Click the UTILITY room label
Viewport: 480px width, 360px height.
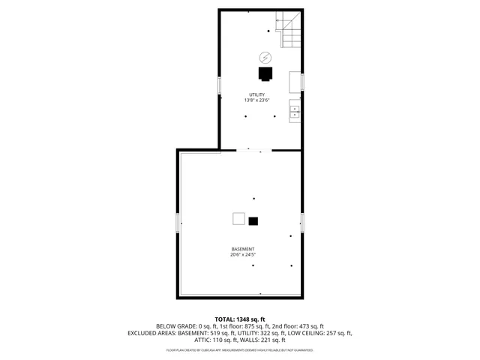[x=256, y=94]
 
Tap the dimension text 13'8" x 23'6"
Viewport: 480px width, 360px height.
[x=256, y=100]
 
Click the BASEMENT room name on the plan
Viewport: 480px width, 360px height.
[x=242, y=249]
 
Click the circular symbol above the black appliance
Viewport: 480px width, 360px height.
[x=265, y=57]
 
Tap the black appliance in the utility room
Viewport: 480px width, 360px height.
[x=265, y=73]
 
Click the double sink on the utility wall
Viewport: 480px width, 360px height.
[x=295, y=112]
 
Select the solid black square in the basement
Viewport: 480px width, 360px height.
[x=253, y=220]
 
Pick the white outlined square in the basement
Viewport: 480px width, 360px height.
[x=238, y=219]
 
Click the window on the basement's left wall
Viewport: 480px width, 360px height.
[x=178, y=223]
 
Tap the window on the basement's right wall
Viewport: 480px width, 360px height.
[x=302, y=223]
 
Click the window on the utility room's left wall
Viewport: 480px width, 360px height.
[x=219, y=85]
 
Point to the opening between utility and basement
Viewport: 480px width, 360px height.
[x=249, y=150]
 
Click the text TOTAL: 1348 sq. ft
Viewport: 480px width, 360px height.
[x=240, y=319]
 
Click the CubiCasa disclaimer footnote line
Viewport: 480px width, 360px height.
[x=240, y=350]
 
